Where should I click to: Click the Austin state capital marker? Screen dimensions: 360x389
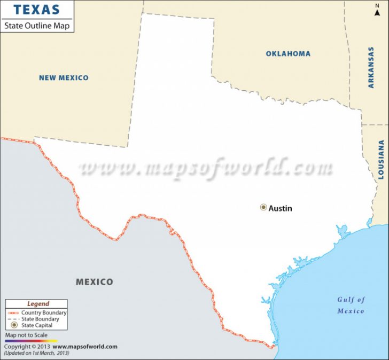click(263, 207)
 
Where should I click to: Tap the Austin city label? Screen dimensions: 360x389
click(281, 208)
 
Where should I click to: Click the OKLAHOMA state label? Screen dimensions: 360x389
click(288, 53)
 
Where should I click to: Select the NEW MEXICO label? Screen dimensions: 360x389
click(64, 78)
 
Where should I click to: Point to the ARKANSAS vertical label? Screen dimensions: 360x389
click(371, 67)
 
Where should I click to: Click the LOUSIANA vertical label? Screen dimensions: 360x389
click(381, 159)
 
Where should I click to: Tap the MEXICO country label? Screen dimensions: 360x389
click(94, 282)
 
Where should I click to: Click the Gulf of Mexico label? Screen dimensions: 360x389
click(351, 305)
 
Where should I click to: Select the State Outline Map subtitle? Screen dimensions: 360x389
click(37, 25)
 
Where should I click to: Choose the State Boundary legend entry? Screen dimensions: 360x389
click(40, 319)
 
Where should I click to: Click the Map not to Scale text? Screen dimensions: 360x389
click(26, 335)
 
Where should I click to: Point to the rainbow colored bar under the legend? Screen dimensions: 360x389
click(31, 340)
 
